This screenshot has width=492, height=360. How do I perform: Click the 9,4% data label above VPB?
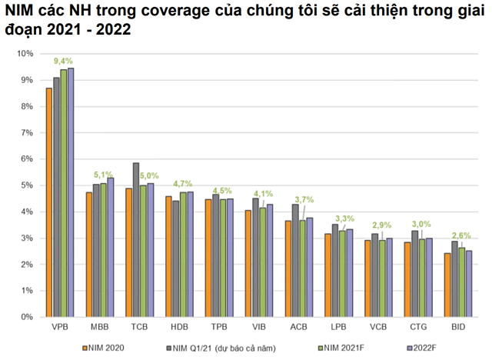click(x=63, y=61)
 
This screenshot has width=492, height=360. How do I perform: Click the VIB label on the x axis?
click(x=259, y=327)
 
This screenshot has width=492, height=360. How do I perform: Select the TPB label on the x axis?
click(x=218, y=327)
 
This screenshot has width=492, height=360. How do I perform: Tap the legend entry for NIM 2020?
click(x=103, y=348)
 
